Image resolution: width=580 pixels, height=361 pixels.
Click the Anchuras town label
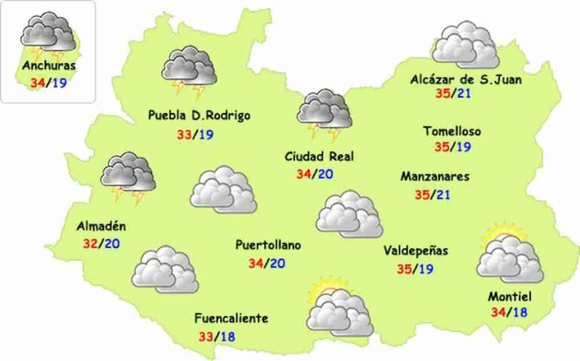point(48,66)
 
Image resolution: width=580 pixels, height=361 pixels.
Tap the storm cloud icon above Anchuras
point(47,35)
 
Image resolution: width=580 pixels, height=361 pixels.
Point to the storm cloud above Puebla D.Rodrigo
point(189,70)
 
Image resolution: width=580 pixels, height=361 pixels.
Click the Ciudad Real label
point(319,156)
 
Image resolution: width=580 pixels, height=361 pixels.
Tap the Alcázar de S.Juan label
point(466,78)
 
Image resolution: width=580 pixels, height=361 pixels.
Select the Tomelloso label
point(452,131)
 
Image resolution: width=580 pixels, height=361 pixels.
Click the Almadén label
point(101,226)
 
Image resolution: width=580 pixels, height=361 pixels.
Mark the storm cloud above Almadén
point(128,176)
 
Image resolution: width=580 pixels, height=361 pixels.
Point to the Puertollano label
point(268,245)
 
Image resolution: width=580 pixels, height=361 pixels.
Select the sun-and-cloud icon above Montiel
point(510,255)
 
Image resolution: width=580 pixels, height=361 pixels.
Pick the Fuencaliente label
point(231,318)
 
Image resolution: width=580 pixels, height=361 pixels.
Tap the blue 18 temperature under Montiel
point(520,312)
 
